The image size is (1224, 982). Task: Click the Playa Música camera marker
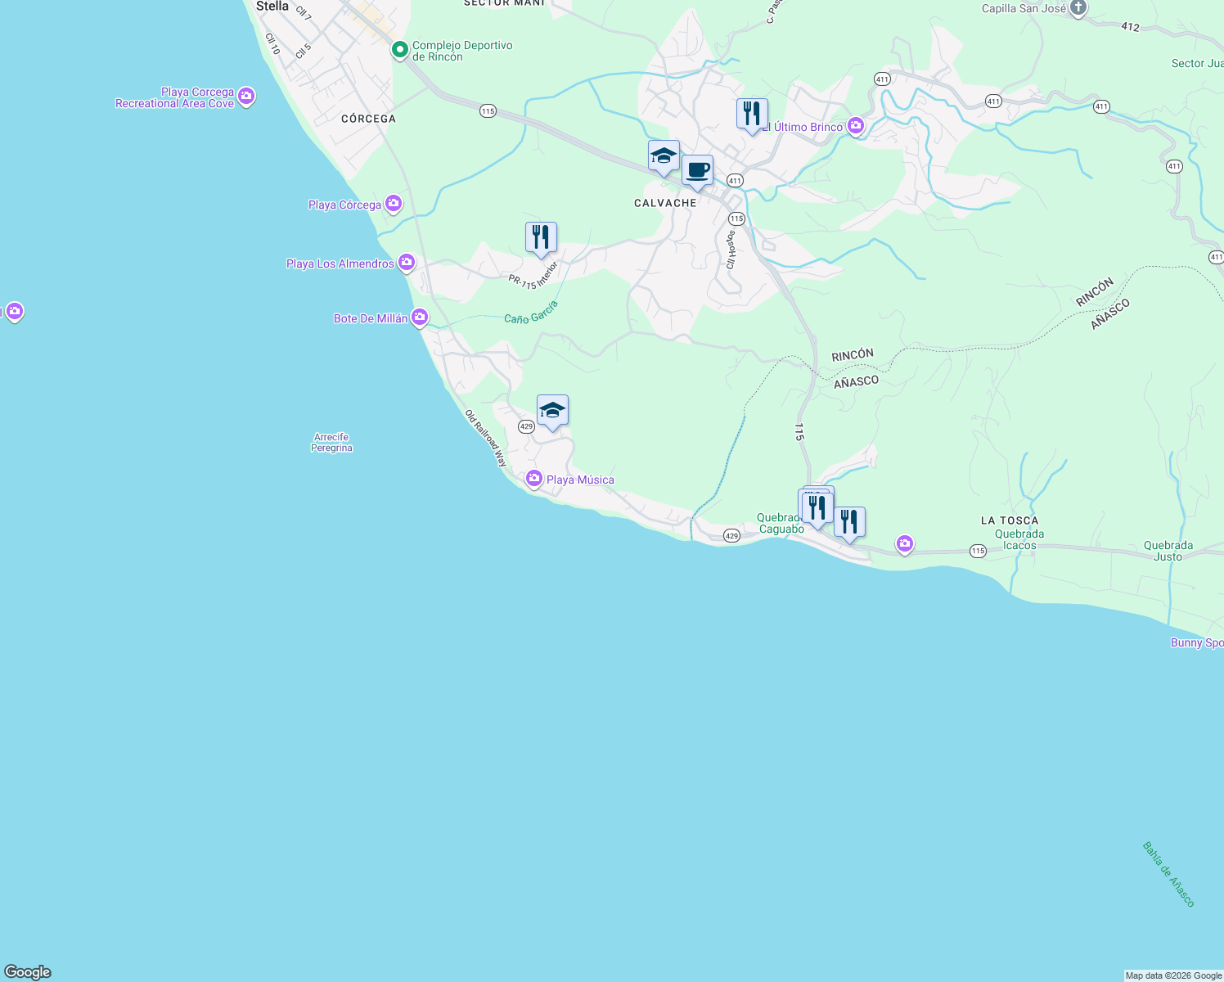pyautogui.click(x=534, y=479)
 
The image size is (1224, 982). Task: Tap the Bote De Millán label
pyautogui.click(x=371, y=318)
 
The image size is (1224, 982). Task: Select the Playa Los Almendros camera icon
pyautogui.click(x=407, y=263)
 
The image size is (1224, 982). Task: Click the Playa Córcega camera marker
pyautogui.click(x=394, y=204)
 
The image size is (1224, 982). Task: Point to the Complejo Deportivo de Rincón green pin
pyautogui.click(x=399, y=51)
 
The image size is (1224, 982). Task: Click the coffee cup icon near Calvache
pyautogui.click(x=697, y=171)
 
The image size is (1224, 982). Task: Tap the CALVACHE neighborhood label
pyautogui.click(x=665, y=203)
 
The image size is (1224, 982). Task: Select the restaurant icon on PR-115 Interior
pyautogui.click(x=541, y=237)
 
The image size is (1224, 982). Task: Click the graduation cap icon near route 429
pyautogui.click(x=552, y=411)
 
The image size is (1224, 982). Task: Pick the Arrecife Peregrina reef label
pyautogui.click(x=331, y=443)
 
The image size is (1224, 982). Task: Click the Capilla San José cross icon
pyautogui.click(x=1078, y=8)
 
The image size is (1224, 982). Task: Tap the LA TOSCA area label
pyautogui.click(x=1010, y=520)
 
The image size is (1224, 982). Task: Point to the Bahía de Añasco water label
pyautogui.click(x=1169, y=874)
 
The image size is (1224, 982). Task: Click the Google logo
pyautogui.click(x=28, y=972)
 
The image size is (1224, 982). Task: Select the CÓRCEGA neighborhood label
pyautogui.click(x=368, y=119)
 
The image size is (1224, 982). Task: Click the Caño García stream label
pyautogui.click(x=531, y=313)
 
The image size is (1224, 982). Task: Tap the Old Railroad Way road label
pyautogui.click(x=486, y=438)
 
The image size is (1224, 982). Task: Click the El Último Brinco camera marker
pyautogui.click(x=856, y=126)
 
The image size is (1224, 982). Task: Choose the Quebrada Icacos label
pyautogui.click(x=1019, y=540)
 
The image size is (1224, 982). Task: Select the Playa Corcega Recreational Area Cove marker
pyautogui.click(x=246, y=97)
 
